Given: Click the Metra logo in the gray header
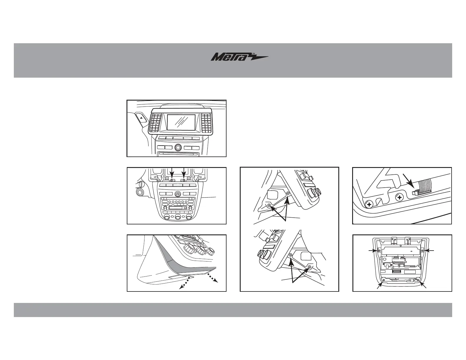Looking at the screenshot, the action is (239, 57).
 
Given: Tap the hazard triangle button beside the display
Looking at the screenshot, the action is (142, 118).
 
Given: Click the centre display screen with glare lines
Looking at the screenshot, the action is (181, 122).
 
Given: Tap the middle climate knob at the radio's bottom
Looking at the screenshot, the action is (177, 217).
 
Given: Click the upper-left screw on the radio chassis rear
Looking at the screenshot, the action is (379, 251).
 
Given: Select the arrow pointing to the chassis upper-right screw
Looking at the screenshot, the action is (430, 250).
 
